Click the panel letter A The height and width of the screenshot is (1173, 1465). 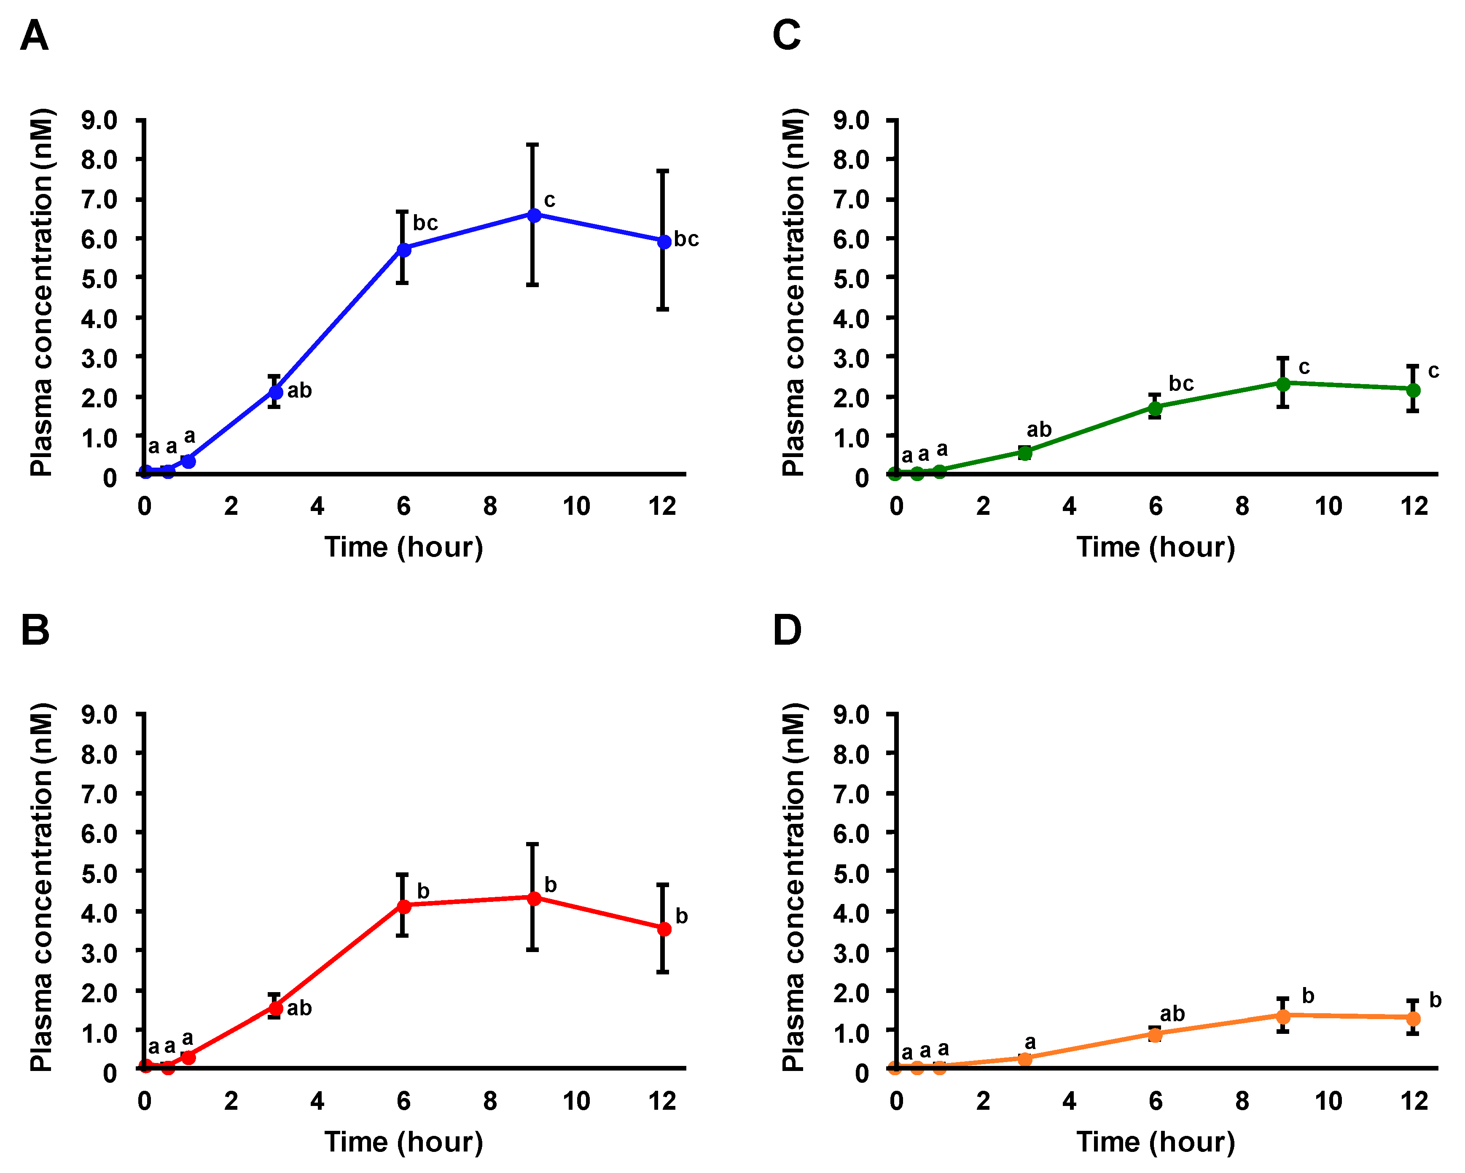(35, 35)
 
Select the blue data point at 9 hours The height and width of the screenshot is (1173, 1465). (534, 215)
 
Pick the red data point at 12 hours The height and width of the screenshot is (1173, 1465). (664, 929)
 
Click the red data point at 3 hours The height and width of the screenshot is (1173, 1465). (275, 1008)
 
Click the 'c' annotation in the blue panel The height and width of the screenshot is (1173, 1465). (550, 200)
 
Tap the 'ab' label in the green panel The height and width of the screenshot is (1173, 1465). (1039, 430)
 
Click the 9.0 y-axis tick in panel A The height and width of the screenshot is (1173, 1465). (99, 120)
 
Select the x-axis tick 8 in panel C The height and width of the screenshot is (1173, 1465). (1242, 506)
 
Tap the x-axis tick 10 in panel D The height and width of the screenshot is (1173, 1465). (1328, 1101)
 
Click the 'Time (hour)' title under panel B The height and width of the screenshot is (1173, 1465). (403, 1142)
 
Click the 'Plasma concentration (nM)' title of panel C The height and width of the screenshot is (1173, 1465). (793, 292)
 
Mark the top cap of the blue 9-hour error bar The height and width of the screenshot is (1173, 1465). (533, 145)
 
